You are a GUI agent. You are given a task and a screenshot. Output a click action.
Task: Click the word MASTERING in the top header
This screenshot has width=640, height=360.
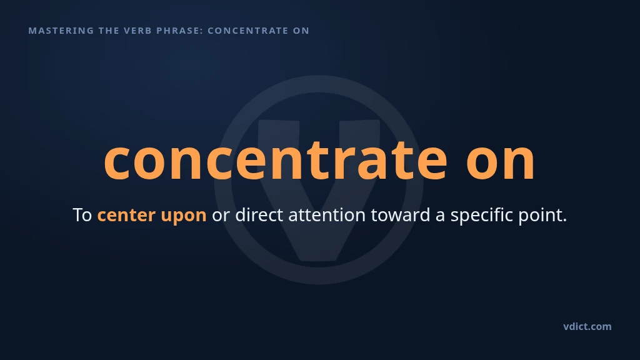(x=61, y=31)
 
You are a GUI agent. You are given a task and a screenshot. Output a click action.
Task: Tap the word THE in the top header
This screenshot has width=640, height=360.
(x=109, y=31)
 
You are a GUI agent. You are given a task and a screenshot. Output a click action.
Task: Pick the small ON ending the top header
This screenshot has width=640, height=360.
(x=302, y=31)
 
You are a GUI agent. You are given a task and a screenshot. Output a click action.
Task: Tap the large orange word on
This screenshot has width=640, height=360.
(x=501, y=161)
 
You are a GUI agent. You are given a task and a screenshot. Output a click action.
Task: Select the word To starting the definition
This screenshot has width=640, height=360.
(x=82, y=215)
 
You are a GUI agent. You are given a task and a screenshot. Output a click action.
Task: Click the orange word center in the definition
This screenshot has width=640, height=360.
(x=126, y=216)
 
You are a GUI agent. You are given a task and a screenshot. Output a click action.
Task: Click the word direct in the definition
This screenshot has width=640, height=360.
(x=259, y=215)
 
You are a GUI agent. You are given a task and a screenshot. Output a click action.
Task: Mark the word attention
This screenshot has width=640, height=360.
(x=327, y=215)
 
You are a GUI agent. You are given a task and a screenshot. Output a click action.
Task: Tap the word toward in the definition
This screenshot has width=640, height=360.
(x=401, y=215)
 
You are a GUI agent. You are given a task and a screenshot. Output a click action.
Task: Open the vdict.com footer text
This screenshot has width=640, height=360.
(x=587, y=326)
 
